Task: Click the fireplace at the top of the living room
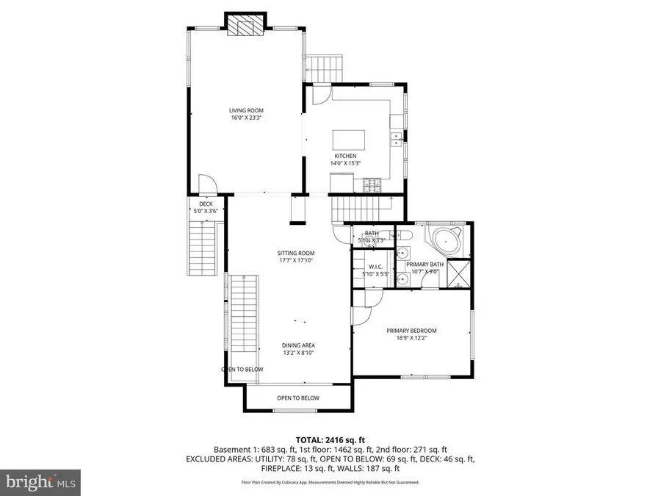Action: point(245,26)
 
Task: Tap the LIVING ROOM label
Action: point(247,111)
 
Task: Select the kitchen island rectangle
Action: point(350,140)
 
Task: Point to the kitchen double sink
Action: point(396,136)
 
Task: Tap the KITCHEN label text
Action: point(345,157)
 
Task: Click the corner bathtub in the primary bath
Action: point(444,240)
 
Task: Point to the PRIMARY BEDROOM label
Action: point(412,331)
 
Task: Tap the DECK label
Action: point(206,204)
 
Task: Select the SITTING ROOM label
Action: point(290,253)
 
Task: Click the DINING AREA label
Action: point(299,345)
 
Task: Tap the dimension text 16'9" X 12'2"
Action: point(412,338)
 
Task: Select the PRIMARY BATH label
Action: point(425,265)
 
